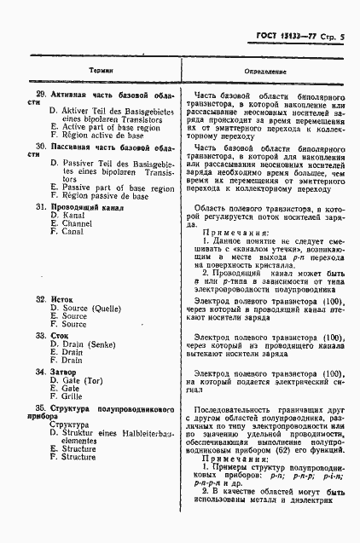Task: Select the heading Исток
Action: [x=62, y=300]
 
